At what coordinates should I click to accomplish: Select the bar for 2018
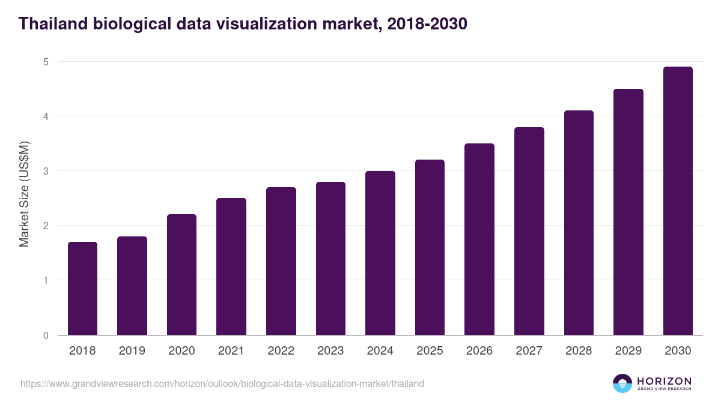tap(82, 289)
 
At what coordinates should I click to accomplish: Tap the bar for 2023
tap(330, 259)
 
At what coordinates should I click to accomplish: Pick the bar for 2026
tap(479, 239)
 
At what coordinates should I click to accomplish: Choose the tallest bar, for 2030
tap(678, 201)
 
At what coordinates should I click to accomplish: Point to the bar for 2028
tap(579, 223)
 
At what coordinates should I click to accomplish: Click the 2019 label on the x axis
tap(132, 351)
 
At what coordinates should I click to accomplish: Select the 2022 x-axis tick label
tap(281, 351)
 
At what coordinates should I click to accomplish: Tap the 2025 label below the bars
tap(430, 351)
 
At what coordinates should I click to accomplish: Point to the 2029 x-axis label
tap(628, 351)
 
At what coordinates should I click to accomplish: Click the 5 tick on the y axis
tap(46, 62)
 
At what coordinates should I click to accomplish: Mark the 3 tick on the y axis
tap(46, 171)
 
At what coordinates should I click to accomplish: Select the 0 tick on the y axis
tap(46, 335)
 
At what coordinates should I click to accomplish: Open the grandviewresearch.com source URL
tap(222, 383)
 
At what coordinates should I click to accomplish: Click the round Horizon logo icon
tap(622, 383)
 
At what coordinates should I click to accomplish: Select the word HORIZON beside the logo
tap(664, 381)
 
